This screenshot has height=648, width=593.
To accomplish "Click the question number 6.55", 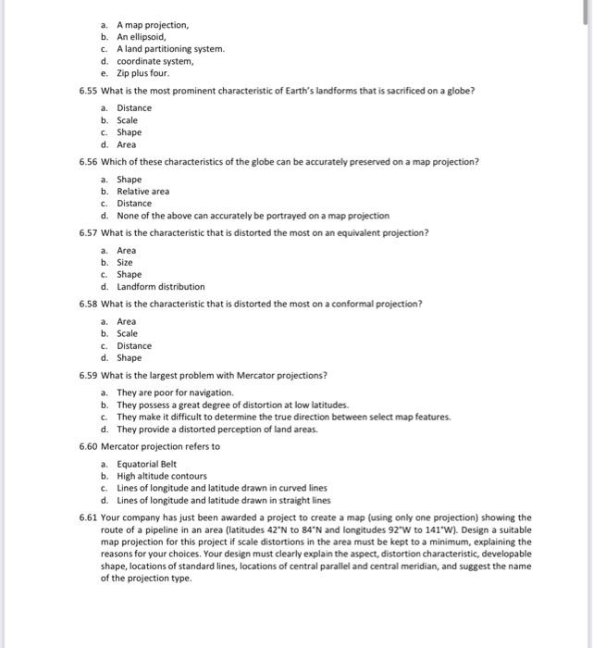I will click(89, 90).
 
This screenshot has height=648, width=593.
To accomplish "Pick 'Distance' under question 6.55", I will click(134, 107).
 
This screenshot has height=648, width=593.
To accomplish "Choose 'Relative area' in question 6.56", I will click(142, 191).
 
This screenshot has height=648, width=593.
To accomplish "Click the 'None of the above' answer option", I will click(253, 215).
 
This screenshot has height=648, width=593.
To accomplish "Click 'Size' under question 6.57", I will click(126, 262).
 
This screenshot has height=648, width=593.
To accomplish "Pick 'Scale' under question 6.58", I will click(128, 333).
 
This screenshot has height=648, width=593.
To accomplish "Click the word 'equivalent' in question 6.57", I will click(349, 232).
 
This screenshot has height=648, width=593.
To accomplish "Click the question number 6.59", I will click(89, 375).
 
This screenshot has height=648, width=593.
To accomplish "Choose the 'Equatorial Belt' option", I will click(146, 464).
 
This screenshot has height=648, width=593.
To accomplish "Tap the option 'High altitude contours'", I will click(161, 476).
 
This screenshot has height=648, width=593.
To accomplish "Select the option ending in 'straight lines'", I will click(223, 500).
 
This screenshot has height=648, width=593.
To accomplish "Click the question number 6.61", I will click(89, 517).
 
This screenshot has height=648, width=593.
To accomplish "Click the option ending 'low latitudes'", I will click(232, 405).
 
